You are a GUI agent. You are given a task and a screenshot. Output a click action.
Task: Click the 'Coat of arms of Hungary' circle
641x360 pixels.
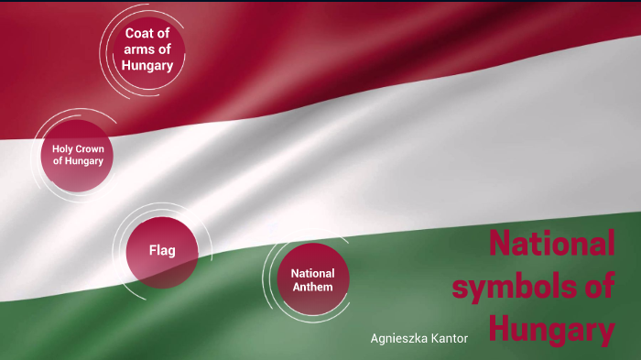click(x=147, y=49)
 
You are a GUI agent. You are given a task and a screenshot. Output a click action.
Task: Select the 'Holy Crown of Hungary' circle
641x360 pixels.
click(x=77, y=155)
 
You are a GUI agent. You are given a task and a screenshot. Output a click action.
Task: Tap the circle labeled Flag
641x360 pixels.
click(x=161, y=250)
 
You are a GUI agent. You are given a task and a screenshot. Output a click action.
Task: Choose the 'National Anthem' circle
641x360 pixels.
click(x=312, y=279)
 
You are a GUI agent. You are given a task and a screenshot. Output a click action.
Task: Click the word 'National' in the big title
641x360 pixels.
click(x=550, y=245)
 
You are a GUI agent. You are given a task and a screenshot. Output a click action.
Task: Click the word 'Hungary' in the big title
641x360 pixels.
click(x=550, y=327)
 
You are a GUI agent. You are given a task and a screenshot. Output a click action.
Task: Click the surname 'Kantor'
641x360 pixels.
click(x=450, y=339)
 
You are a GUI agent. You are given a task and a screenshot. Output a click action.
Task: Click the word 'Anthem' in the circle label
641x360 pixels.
click(x=312, y=287)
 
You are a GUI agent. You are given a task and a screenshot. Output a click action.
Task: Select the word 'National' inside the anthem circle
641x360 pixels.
click(x=312, y=273)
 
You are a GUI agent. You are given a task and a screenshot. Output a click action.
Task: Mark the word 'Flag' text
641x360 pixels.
click(x=161, y=250)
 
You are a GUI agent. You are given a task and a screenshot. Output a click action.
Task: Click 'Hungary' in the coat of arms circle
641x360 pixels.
click(x=147, y=65)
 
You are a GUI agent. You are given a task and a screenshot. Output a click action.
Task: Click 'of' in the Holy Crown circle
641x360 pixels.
click(x=57, y=161)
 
